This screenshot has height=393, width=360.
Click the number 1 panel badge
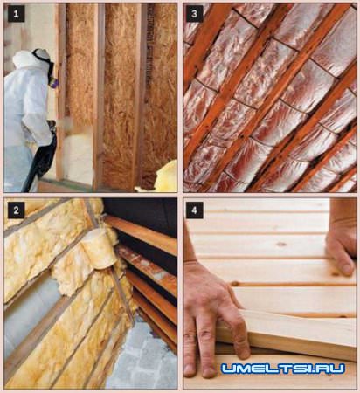tap(16, 14)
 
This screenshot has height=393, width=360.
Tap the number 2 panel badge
tap(16, 210)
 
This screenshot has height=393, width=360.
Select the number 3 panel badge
tap(194, 14)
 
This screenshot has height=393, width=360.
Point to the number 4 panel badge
tap(194, 210)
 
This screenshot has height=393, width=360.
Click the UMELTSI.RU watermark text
tap(283, 369)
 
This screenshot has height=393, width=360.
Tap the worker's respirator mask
tap(53, 76)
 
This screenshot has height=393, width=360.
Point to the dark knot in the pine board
tap(281, 244)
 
